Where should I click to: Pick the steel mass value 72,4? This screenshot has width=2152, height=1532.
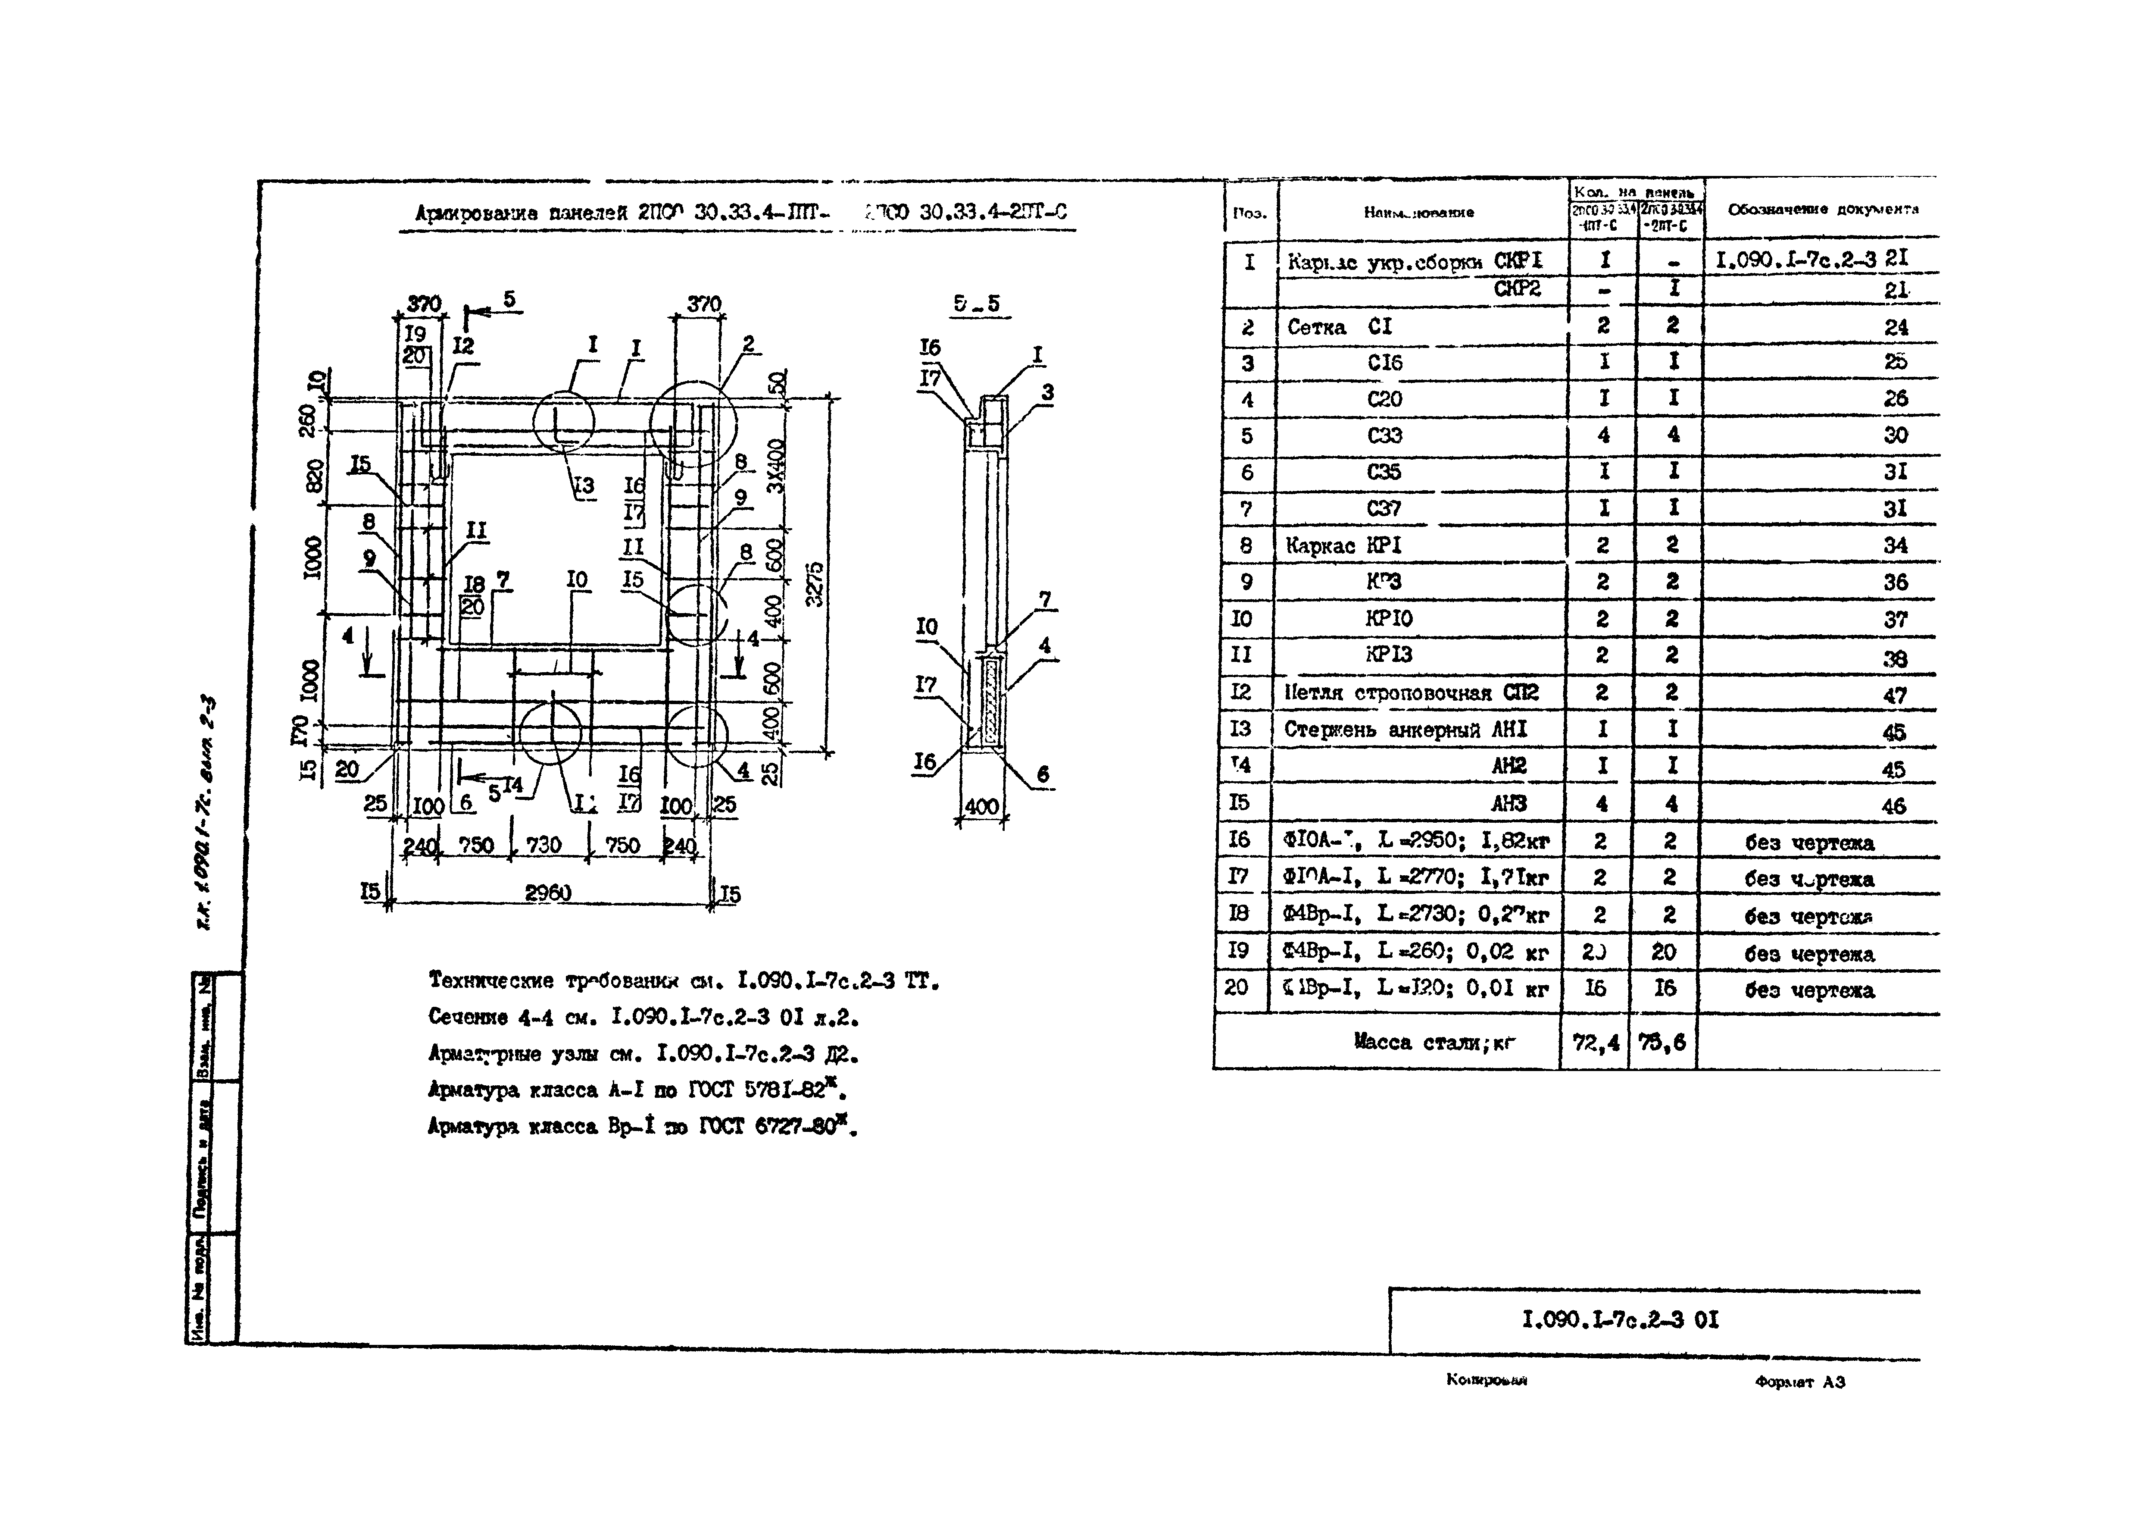point(1596,1043)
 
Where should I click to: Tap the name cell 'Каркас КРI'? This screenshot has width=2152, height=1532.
point(1344,545)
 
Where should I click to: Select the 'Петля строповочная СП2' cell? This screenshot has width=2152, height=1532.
point(1411,692)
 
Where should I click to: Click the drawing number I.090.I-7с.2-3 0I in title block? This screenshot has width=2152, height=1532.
point(1620,1320)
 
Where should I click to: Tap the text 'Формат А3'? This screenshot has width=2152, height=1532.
point(1799,1382)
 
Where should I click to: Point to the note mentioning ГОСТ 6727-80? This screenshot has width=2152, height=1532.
point(641,1126)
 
